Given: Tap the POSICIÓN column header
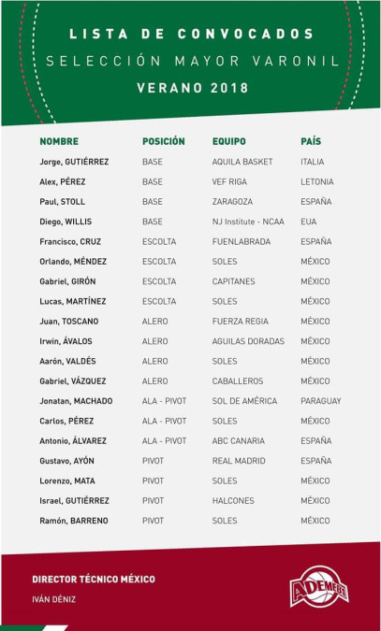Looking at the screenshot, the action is pos(164,141).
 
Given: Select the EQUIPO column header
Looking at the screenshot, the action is pos(229,141).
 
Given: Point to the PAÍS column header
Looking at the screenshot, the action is pos(311,141).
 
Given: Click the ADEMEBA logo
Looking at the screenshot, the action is pos(319,586).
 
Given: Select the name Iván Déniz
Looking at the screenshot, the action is pos(53,599).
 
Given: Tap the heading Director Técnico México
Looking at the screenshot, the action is pos(94,580).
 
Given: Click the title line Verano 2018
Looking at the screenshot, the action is pos(191,88).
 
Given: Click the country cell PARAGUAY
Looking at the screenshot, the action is pos(320,401).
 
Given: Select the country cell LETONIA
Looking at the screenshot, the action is pos(316,181).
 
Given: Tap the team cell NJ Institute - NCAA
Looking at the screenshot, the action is pos(249,222).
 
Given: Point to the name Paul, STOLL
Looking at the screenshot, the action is pos(63,201).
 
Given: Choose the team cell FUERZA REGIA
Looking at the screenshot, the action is pos(241,322).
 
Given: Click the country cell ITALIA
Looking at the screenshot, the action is pos(313,162).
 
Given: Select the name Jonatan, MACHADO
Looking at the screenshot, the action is pos(76,401).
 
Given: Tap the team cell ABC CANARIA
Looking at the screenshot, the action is pos(239,441).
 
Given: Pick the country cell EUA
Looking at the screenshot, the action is pos(309,222).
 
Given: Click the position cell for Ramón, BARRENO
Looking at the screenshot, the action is pos(153,521).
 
